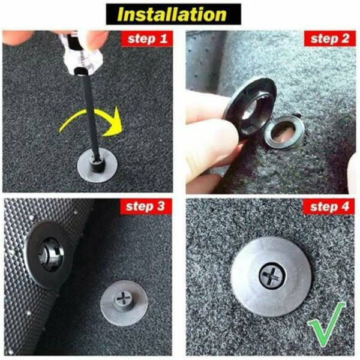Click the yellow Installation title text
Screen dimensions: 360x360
(172, 14)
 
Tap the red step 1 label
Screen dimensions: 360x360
(147, 38)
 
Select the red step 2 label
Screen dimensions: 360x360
(329, 38)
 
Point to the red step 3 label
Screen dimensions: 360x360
(146, 206)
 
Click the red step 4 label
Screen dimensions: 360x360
(329, 206)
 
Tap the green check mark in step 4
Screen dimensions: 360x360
(326, 324)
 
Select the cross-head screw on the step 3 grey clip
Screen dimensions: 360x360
(124, 298)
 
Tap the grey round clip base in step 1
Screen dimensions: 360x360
(97, 166)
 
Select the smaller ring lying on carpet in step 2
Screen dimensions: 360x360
(284, 131)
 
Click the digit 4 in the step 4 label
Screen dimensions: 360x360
(344, 206)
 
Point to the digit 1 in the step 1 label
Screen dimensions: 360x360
(163, 38)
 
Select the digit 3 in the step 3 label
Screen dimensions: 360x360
(161, 206)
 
